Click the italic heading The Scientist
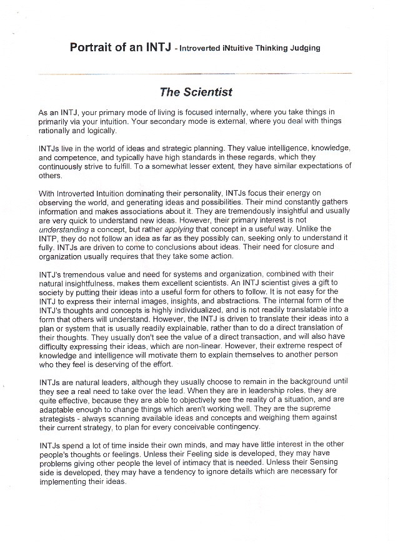pyautogui.click(x=196, y=92)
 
